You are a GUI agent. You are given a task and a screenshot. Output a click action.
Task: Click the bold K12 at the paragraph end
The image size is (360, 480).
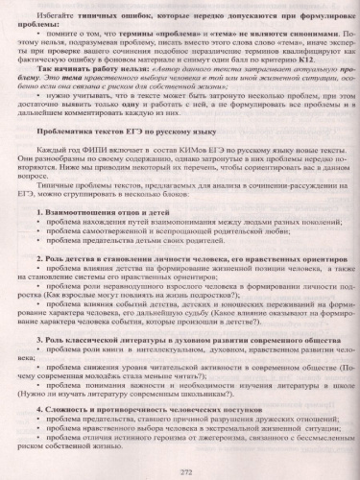click(252, 73)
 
